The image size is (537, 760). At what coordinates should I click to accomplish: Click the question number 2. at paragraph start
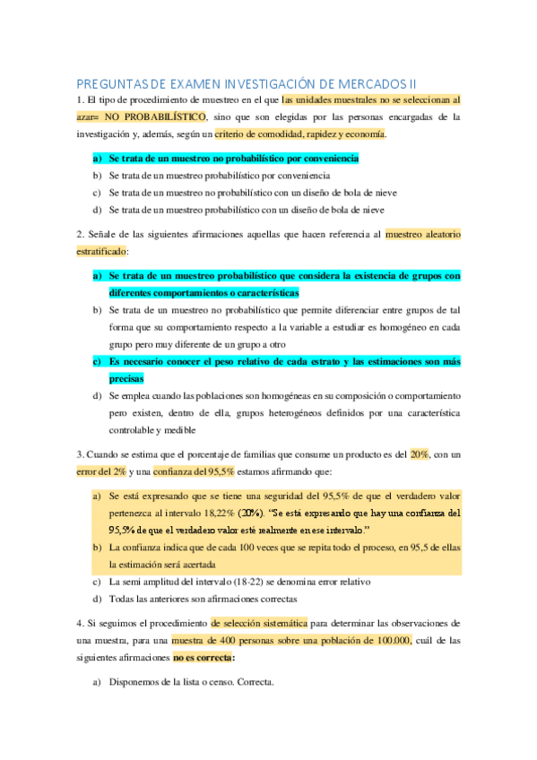coord(81,233)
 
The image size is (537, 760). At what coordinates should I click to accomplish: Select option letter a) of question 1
coord(98,159)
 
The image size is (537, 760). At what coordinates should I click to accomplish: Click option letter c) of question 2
coord(98,361)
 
